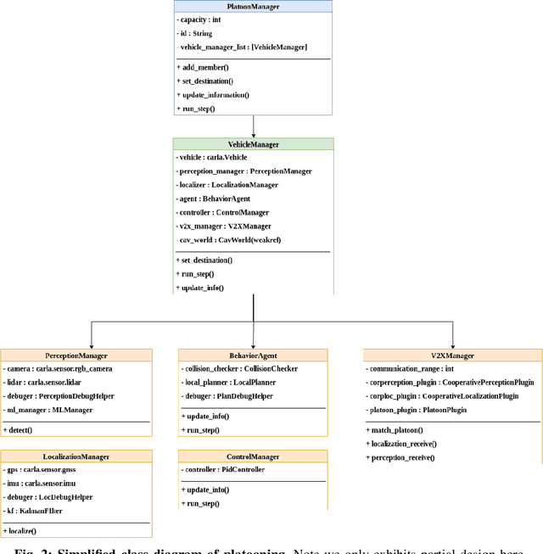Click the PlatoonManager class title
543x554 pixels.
point(253,6)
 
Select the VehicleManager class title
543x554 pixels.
point(253,144)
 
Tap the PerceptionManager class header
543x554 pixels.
point(76,355)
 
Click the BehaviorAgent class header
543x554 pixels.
point(253,355)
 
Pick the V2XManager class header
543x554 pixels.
point(452,355)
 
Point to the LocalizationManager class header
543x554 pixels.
point(76,456)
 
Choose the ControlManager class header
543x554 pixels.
point(253,456)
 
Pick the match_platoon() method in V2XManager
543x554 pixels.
point(396,430)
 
